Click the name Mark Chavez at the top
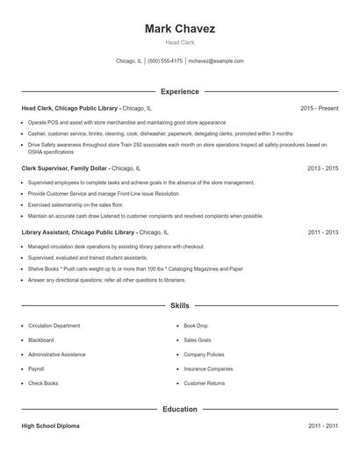point(180,28)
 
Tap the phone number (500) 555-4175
point(165,61)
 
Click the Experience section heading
point(180,91)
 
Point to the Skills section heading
point(180,306)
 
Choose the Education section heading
point(180,409)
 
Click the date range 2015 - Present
point(319,108)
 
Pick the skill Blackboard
point(40,340)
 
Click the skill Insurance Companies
point(208,368)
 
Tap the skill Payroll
point(36,368)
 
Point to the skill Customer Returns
point(205,383)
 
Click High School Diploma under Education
point(50,426)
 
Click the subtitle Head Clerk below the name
point(180,43)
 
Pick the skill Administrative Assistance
point(56,354)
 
